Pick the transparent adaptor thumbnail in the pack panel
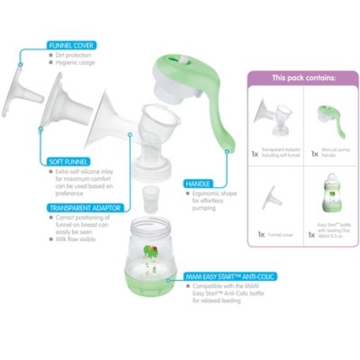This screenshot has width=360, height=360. click(274, 118)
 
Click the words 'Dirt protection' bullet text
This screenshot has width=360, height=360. click(76, 56)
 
